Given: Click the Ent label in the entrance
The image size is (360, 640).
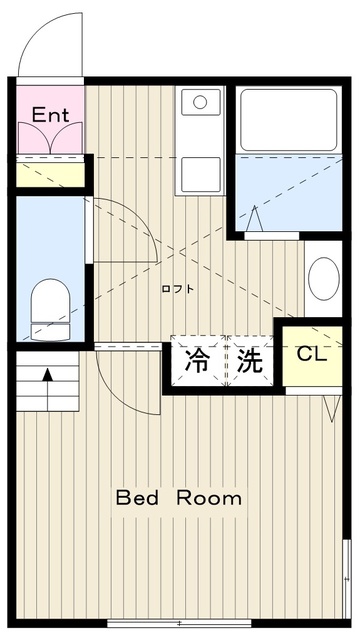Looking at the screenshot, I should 49,115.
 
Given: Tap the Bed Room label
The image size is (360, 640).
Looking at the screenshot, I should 178,497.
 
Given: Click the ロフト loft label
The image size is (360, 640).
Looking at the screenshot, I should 178,289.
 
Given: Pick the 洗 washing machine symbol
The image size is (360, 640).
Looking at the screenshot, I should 250,359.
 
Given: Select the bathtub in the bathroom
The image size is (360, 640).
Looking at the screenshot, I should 286,121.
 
